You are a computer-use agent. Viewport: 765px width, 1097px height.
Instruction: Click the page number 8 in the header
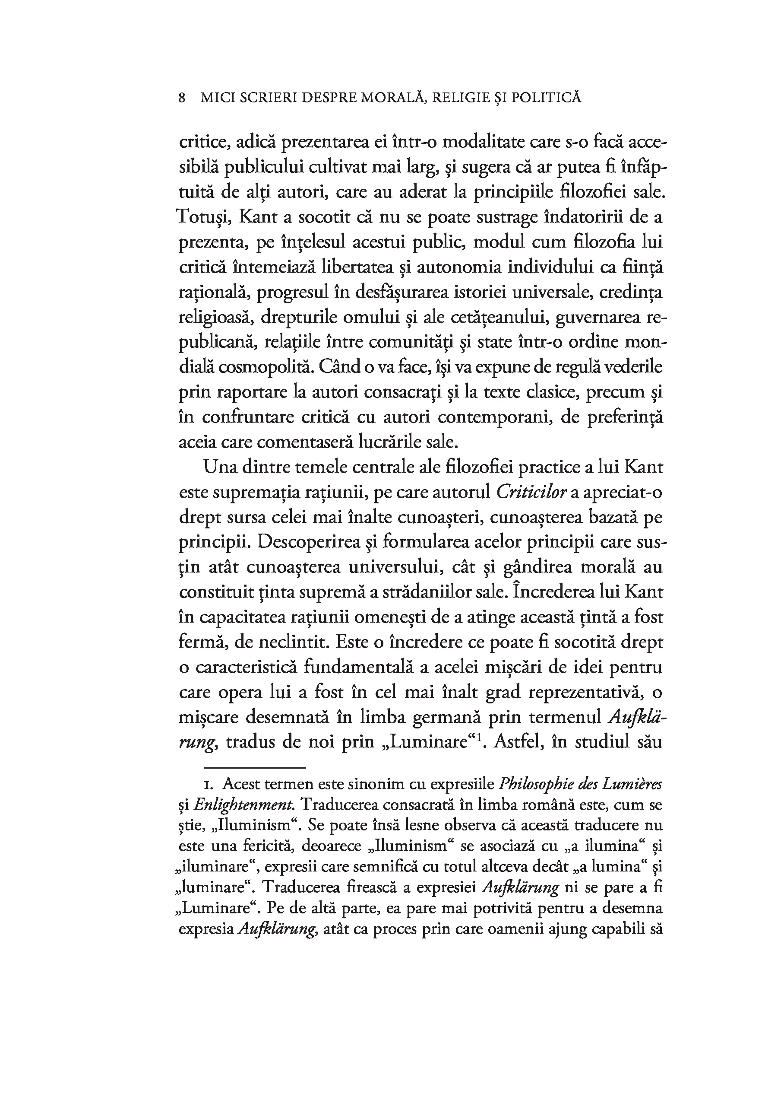[181, 98]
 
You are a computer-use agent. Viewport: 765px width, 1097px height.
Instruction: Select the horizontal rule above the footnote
[255, 768]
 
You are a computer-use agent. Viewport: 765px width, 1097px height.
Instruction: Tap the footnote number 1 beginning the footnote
[208, 785]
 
